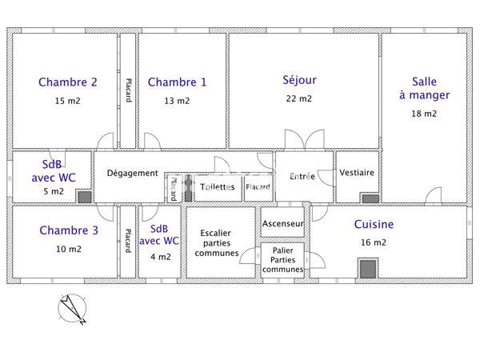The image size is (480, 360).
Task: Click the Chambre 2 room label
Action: (x=68, y=82)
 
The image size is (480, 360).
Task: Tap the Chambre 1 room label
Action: (x=177, y=82)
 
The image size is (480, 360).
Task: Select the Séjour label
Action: (x=299, y=79)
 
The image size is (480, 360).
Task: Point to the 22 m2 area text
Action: (x=299, y=99)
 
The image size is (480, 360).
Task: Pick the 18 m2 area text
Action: (x=424, y=114)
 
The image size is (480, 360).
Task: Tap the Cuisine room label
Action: (x=374, y=225)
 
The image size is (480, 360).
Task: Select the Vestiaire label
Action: (x=357, y=173)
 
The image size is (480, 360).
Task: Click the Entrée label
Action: (x=302, y=176)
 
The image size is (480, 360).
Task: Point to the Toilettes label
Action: (x=217, y=186)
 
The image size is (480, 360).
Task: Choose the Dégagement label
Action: (x=132, y=174)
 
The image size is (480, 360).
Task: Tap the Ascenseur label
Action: (x=283, y=223)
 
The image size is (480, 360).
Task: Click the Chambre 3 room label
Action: (x=68, y=230)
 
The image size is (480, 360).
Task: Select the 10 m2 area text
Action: (x=68, y=249)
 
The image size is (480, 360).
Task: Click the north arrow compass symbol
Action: (x=71, y=310)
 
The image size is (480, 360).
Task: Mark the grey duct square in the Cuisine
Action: (x=367, y=269)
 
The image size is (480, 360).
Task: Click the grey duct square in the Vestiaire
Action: (x=370, y=198)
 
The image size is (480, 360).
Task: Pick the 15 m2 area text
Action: (x=68, y=101)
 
